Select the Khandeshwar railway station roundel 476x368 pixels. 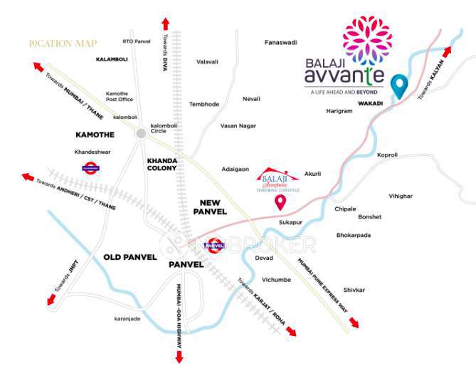point(90,169)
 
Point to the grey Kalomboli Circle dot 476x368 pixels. point(141,132)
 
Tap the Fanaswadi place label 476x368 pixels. point(280,42)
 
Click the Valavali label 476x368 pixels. point(207,62)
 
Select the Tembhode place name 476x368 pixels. point(204,104)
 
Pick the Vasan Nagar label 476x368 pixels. point(238,125)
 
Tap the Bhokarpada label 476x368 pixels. point(354,235)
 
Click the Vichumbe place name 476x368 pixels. point(276,280)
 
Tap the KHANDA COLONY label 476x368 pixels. point(162,164)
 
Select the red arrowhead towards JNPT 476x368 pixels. point(51,301)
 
